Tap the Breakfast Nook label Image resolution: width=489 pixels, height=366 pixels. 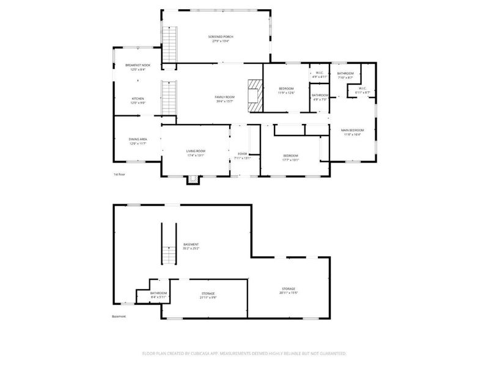138,67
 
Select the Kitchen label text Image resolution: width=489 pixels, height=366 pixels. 138,101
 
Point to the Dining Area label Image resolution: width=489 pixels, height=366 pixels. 138,142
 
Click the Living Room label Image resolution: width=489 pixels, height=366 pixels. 196,152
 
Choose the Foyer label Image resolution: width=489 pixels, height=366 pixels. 243,156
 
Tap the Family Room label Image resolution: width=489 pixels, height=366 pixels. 224,99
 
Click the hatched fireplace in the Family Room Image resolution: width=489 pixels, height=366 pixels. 254,95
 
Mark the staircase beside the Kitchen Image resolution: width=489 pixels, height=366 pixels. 168,98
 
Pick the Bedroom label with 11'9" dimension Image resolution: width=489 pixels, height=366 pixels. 285,90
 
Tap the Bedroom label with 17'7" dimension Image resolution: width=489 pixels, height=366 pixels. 290,157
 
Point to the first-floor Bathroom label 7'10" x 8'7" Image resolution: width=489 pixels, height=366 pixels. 345,75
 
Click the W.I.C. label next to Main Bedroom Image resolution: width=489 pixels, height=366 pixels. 362,90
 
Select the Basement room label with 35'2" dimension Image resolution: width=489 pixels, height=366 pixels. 191,246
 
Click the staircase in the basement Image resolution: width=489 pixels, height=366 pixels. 168,244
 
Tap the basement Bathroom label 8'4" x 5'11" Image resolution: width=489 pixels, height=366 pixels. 159,295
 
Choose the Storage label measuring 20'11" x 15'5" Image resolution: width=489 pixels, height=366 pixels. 289,290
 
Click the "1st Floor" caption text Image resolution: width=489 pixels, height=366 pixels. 119,174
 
